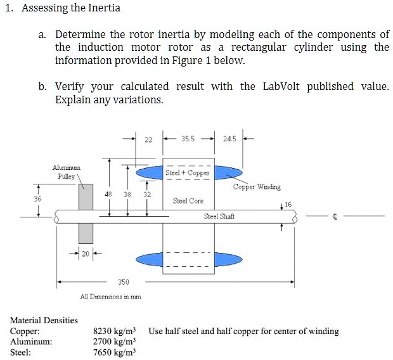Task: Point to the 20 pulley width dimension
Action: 85,255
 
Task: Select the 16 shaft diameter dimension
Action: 288,205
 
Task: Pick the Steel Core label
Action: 188,201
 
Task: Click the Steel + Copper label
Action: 187,172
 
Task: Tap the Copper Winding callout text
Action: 257,187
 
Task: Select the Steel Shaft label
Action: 219,217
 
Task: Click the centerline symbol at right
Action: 335,217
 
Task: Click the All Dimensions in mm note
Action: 110,297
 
